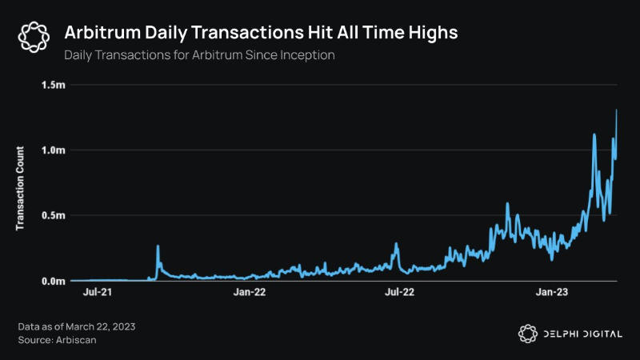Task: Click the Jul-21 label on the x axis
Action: [98, 293]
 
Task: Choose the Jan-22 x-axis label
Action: [250, 293]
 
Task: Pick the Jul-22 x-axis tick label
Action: [400, 293]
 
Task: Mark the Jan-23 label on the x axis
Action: [551, 293]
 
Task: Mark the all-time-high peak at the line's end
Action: [616, 110]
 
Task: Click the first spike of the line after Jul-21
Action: [158, 246]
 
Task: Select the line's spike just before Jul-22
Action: [396, 244]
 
